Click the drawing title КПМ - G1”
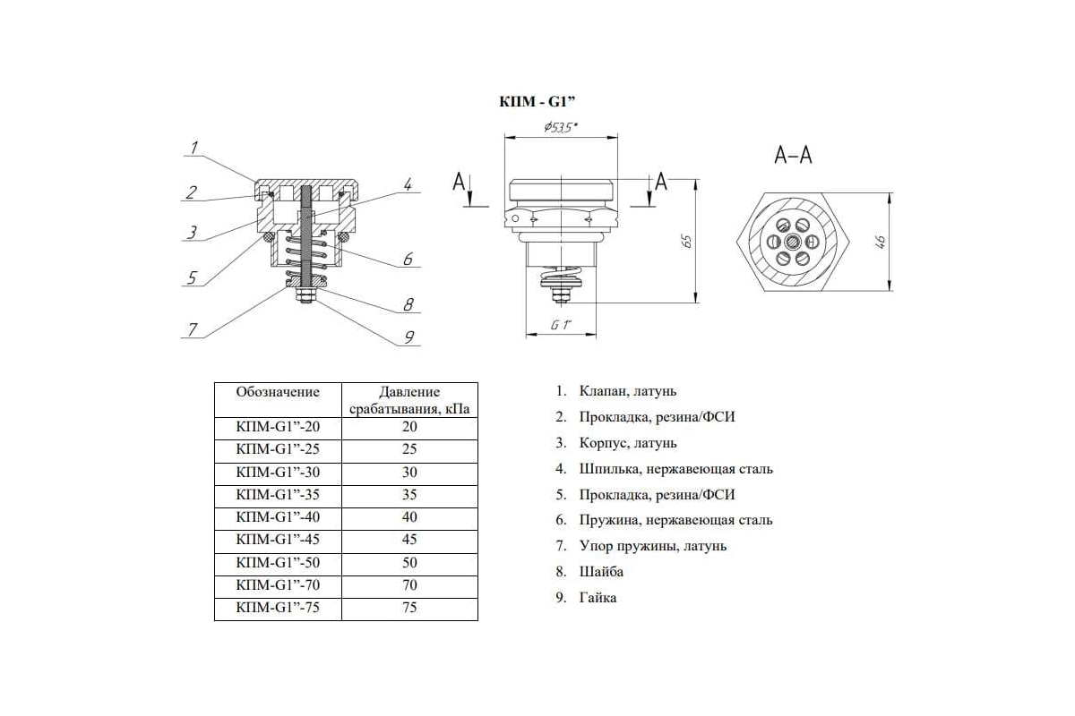pyautogui.click(x=535, y=103)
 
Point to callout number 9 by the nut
pyautogui.click(x=408, y=337)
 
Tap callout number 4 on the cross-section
pyautogui.click(x=407, y=185)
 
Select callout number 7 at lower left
pyautogui.click(x=192, y=328)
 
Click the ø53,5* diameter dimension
pyautogui.click(x=561, y=128)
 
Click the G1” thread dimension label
pyautogui.click(x=561, y=326)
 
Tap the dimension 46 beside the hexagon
pyautogui.click(x=881, y=242)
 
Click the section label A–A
pyautogui.click(x=793, y=156)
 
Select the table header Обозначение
pyautogui.click(x=277, y=392)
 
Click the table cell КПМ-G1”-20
pyautogui.click(x=277, y=427)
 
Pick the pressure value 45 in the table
pyautogui.click(x=410, y=540)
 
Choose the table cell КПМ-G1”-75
pyautogui.click(x=277, y=608)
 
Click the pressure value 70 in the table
pyautogui.click(x=410, y=585)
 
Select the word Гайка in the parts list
pyautogui.click(x=598, y=597)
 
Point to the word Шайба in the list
pyautogui.click(x=601, y=571)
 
